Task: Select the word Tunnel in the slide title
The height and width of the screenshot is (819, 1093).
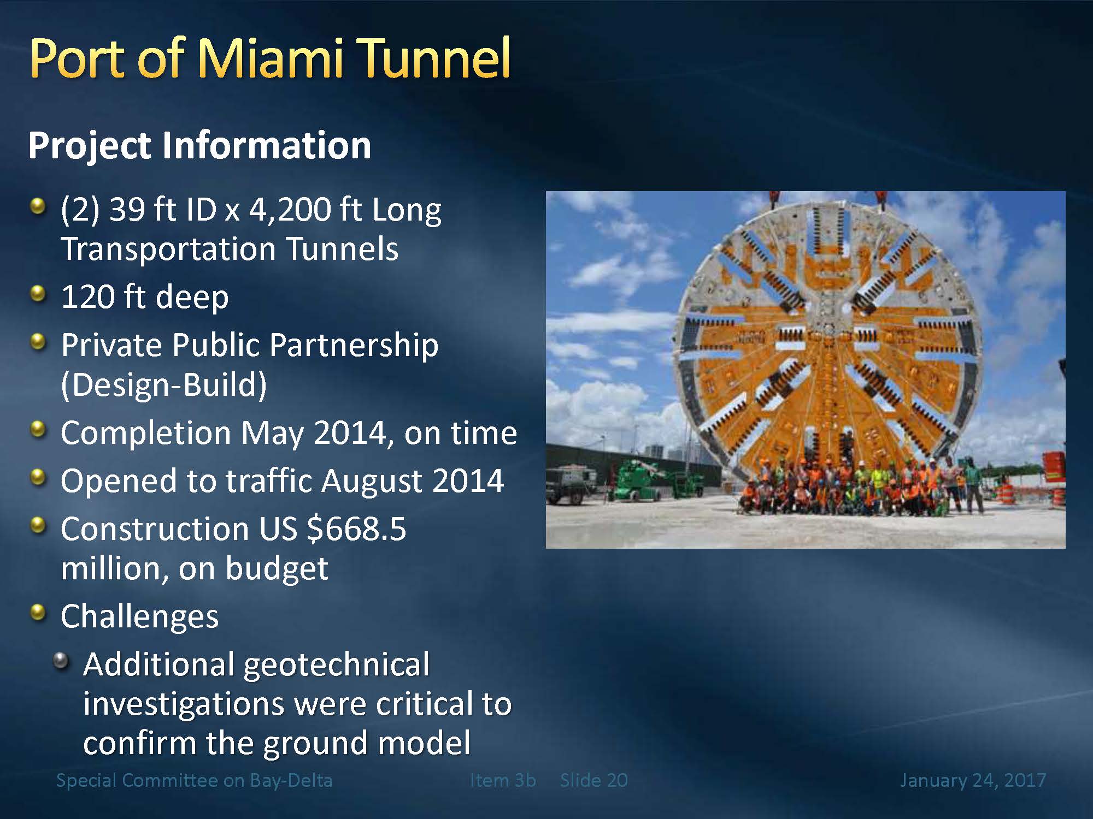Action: (x=435, y=58)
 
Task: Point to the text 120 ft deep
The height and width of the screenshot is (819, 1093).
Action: (x=145, y=298)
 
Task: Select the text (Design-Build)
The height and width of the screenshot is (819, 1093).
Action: (x=164, y=385)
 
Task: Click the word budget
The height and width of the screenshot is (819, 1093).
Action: (x=277, y=568)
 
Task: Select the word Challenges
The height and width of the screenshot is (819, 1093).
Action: (x=140, y=617)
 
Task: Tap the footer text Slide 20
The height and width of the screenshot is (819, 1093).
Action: (x=593, y=780)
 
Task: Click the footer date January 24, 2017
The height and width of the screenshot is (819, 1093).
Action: (x=973, y=780)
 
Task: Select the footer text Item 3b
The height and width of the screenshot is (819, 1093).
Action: (x=503, y=780)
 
